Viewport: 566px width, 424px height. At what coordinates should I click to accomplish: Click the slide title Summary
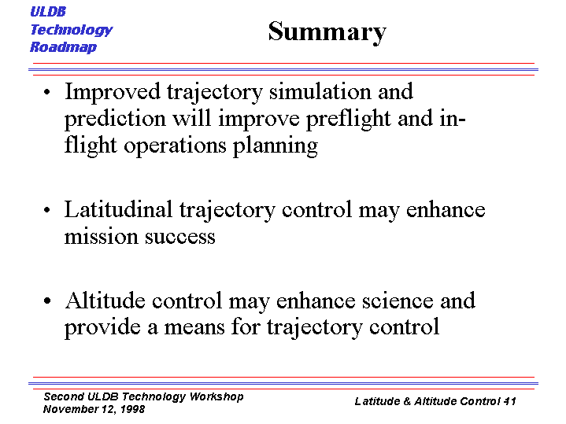click(x=327, y=32)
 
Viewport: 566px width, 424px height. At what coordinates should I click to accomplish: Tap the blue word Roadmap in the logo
click(x=63, y=47)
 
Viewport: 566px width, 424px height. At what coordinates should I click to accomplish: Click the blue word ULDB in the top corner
click(x=48, y=12)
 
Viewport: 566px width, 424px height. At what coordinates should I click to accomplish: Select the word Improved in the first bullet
click(x=113, y=93)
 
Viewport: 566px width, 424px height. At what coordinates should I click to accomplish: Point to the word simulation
click(x=320, y=92)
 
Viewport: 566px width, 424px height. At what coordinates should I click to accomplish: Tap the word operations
click(x=175, y=146)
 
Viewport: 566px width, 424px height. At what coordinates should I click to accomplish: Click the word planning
click(x=276, y=146)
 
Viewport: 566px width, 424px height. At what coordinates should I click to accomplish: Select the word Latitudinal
click(x=118, y=210)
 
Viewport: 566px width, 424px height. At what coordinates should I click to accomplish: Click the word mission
click(x=101, y=237)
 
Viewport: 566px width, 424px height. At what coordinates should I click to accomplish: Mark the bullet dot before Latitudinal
click(x=47, y=210)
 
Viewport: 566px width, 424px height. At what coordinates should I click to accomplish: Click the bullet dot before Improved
click(x=47, y=92)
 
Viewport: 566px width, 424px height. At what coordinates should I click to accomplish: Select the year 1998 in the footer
click(x=132, y=409)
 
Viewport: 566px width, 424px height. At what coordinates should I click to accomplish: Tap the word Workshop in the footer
click(x=216, y=396)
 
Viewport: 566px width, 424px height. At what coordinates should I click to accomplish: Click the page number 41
click(x=509, y=401)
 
